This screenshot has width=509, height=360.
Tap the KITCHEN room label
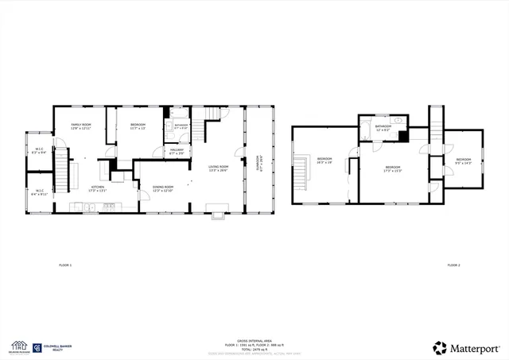97,188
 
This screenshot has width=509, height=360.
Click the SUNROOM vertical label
258,163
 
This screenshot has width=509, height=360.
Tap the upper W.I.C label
38,151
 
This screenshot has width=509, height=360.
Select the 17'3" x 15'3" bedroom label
392,168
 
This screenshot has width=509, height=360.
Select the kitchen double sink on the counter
92,207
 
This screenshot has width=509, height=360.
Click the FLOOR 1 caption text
65,264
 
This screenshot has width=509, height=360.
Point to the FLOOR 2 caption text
453,264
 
